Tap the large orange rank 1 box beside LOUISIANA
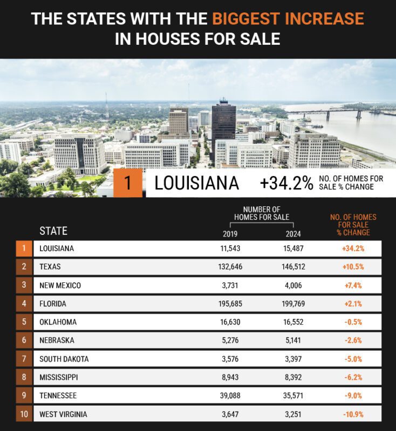point(128,183)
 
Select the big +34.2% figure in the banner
point(286,183)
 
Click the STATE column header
point(53,231)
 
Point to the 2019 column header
point(230,234)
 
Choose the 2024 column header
point(293,234)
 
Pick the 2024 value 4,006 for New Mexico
point(293,285)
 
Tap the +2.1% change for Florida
point(353,304)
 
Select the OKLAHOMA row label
point(58,322)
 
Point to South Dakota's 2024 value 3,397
point(293,359)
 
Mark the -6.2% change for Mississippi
point(353,377)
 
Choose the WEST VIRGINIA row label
point(63,414)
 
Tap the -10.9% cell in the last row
point(353,414)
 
